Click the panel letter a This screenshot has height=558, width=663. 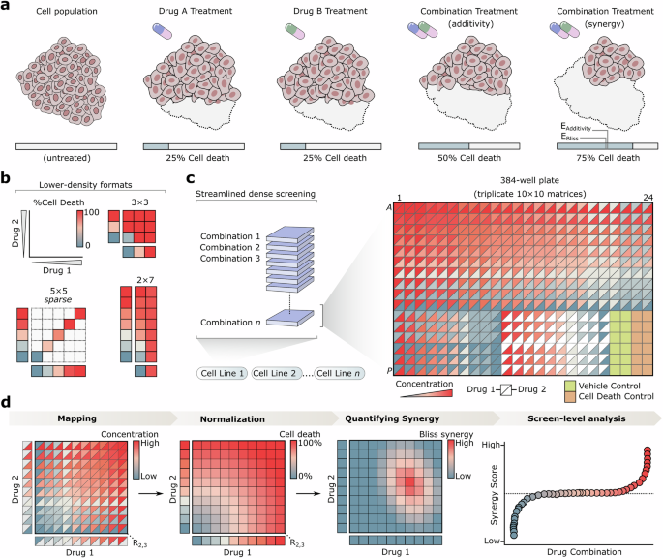8,9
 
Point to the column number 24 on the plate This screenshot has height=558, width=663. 643,200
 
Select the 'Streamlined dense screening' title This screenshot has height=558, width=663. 256,193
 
